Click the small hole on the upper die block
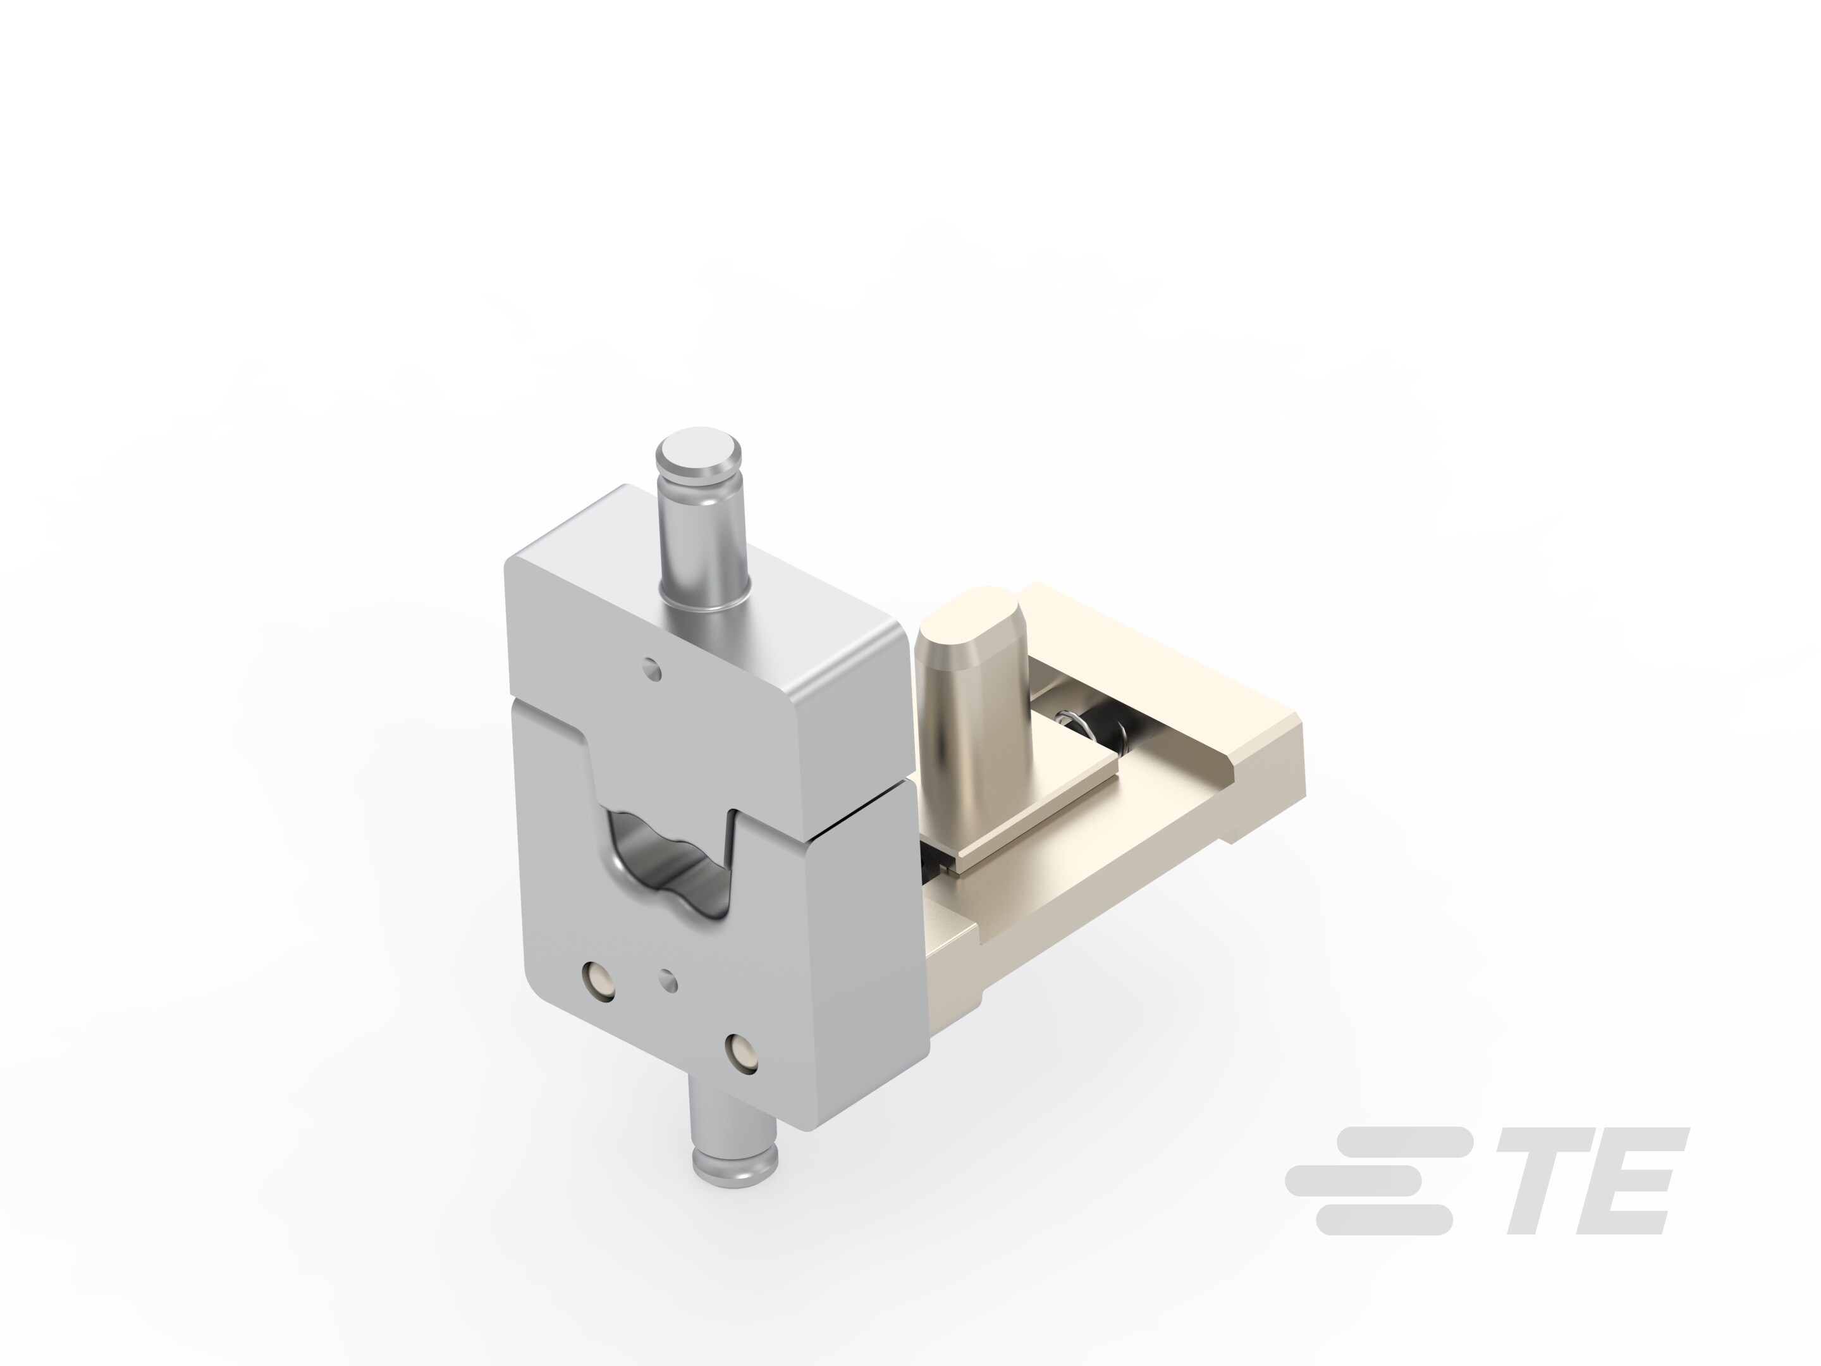coord(653,668)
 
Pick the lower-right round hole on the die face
coord(742,1055)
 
